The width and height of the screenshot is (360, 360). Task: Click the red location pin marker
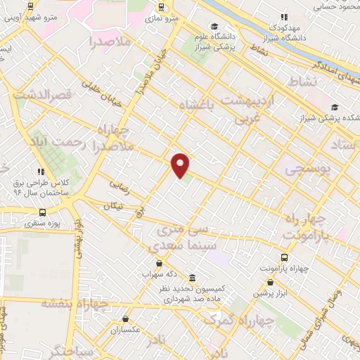(181, 165)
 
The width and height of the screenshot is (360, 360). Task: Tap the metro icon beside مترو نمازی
(162, 8)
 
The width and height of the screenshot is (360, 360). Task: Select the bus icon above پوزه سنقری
(43, 212)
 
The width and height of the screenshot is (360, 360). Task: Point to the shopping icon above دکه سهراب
(163, 262)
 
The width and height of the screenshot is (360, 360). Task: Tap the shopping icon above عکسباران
(126, 319)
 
